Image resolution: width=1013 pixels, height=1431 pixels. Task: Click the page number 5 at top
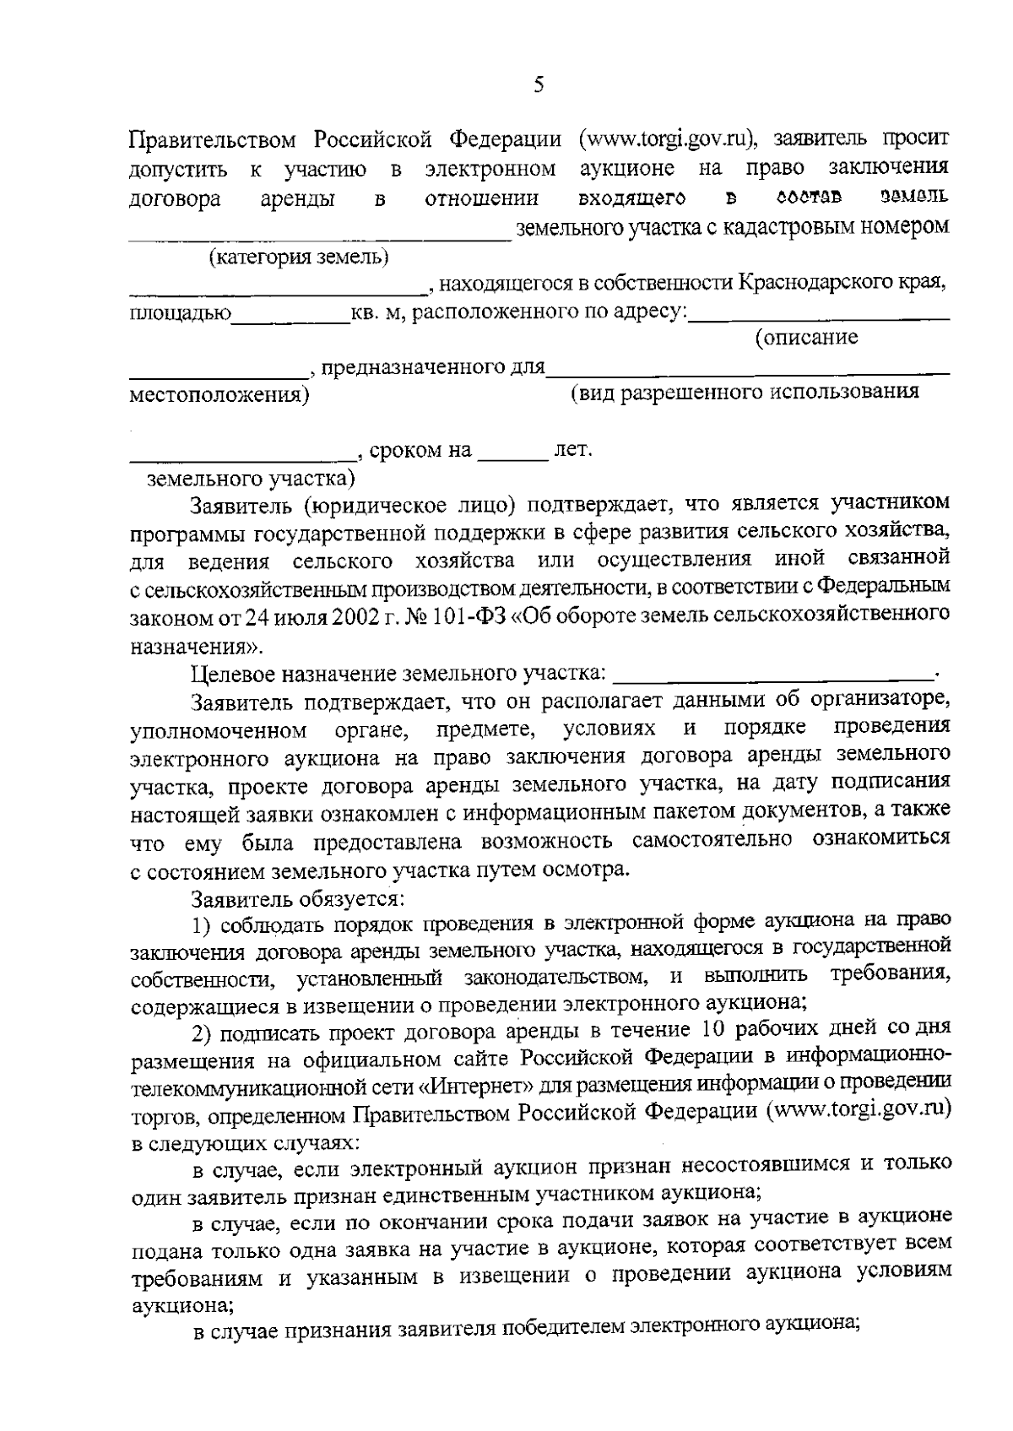point(539,86)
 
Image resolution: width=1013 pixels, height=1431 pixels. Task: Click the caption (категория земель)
point(299,256)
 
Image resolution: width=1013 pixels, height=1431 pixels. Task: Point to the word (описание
point(807,338)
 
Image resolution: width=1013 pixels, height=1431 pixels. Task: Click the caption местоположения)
point(219,395)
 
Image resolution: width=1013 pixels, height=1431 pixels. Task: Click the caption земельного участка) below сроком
point(251,480)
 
